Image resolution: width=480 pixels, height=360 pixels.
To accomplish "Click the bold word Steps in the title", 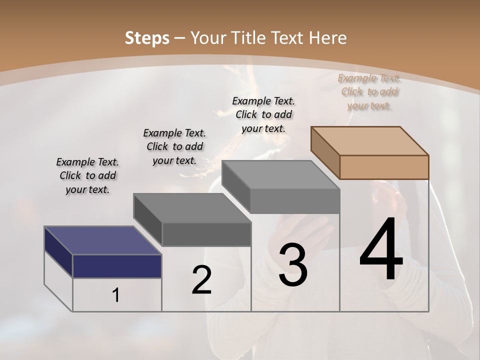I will tap(147, 38).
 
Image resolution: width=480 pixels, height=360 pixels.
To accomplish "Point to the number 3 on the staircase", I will tap(293, 265).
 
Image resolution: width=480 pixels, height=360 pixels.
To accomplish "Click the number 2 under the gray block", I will tap(201, 280).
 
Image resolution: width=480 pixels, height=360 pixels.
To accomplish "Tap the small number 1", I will tap(116, 295).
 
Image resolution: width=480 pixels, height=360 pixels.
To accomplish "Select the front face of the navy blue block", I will tap(117, 266).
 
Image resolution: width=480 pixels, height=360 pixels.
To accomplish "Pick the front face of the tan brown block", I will tap(384, 167).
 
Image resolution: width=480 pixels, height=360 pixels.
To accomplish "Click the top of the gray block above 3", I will tap(280, 175).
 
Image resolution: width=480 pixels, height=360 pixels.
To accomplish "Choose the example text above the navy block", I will tap(87, 175).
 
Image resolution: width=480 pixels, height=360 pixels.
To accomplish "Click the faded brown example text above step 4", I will tap(369, 91).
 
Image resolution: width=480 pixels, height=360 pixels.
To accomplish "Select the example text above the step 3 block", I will tap(263, 114).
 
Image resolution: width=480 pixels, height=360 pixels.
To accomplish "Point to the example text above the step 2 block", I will tap(174, 146).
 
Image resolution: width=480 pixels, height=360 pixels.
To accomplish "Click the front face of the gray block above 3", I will tap(294, 201).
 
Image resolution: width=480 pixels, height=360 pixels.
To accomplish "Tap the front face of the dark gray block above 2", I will tap(206, 234).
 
